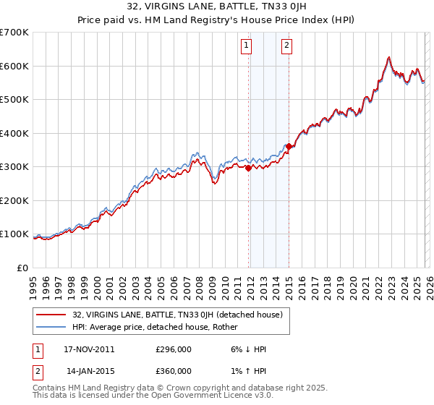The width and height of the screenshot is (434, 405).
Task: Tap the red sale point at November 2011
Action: click(249, 168)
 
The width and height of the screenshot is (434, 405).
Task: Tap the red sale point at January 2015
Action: click(289, 147)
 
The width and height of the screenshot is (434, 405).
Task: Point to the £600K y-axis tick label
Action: click(14, 66)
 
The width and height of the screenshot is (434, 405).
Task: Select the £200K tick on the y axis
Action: click(14, 200)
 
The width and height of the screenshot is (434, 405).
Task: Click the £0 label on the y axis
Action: click(22, 268)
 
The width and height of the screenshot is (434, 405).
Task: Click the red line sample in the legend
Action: click(51, 315)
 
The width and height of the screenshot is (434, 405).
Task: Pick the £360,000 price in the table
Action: click(173, 371)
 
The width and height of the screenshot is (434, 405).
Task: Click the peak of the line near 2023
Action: click(389, 57)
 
